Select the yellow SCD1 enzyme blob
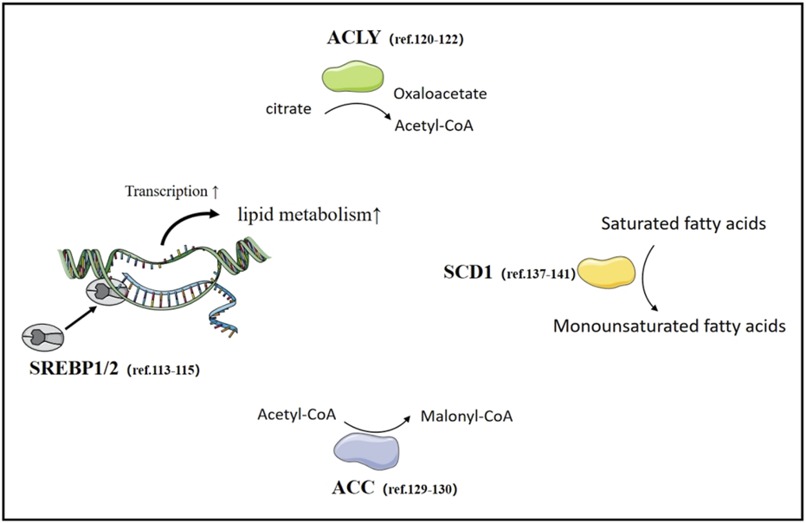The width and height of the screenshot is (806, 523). coord(605,271)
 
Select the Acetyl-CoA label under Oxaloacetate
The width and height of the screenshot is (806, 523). coord(432,126)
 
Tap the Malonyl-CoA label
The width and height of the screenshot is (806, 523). coord(467,416)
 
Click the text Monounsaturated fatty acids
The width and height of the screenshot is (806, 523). coord(668,326)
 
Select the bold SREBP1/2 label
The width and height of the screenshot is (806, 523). coord(71,369)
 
